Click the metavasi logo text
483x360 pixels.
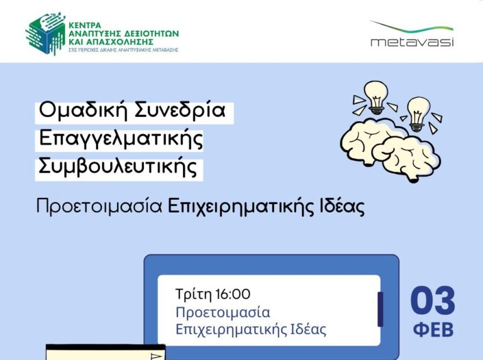click(412, 42)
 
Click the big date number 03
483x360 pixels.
click(433, 302)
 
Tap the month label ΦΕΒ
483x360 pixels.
click(433, 330)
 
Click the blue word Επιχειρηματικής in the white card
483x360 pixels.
click(223, 329)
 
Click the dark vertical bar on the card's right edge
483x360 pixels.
click(380, 308)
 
